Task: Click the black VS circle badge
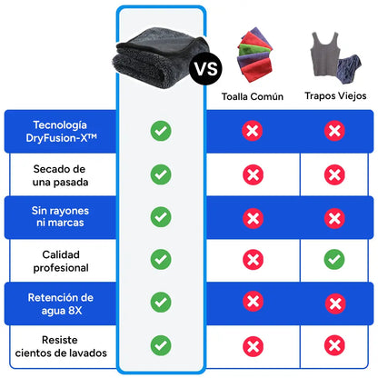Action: (x=205, y=69)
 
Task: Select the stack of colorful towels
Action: (x=254, y=55)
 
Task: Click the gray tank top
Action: (x=324, y=55)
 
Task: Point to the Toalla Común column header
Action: (x=253, y=96)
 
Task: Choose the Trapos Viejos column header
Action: (x=335, y=95)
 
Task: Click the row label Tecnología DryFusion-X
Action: (x=61, y=132)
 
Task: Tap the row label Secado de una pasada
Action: (x=60, y=175)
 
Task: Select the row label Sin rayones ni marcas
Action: (x=60, y=216)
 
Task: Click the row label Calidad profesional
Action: (x=61, y=261)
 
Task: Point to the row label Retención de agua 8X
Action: (x=61, y=303)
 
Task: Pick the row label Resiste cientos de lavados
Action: (x=61, y=346)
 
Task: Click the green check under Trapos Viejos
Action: (x=334, y=259)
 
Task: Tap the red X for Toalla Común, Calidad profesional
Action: (x=253, y=260)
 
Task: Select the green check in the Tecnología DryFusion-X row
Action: (x=161, y=131)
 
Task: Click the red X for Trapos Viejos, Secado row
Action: (x=334, y=174)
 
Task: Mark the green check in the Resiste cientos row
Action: (x=161, y=345)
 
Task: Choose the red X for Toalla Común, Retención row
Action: (x=253, y=302)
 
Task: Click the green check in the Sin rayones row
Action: (x=161, y=217)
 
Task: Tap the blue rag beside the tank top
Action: (x=350, y=68)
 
